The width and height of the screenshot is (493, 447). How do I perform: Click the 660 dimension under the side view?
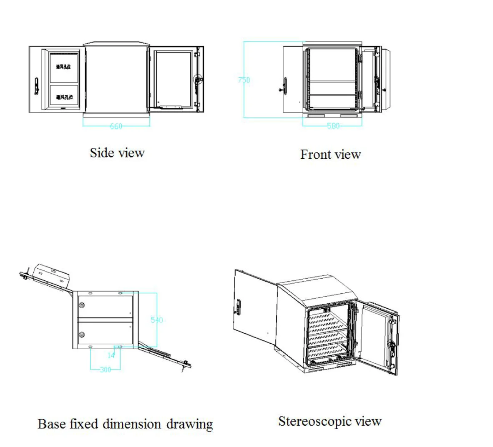[x=116, y=126]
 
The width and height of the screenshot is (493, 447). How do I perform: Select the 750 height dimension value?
[x=244, y=80]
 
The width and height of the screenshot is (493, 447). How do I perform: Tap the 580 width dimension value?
[x=333, y=126]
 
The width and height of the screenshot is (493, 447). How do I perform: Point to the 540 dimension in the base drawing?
[x=156, y=320]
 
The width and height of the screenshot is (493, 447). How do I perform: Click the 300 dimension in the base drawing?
[x=106, y=369]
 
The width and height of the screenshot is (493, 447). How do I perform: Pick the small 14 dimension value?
[x=111, y=355]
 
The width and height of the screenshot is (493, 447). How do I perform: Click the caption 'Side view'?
[x=117, y=153]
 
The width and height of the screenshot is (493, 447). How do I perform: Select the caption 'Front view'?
[x=330, y=155]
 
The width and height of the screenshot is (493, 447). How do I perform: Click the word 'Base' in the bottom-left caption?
[x=52, y=424]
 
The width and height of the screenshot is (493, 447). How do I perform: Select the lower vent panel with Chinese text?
[x=64, y=97]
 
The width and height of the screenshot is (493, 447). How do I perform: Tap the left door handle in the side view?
[x=36, y=85]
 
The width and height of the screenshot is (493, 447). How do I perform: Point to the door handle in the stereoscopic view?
[x=239, y=307]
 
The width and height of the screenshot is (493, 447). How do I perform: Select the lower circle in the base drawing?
[x=82, y=334]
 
